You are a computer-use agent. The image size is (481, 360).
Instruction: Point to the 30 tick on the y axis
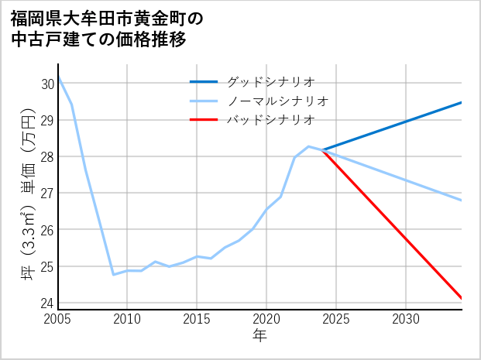coord(47,84)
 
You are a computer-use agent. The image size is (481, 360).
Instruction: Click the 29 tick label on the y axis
coord(47,120)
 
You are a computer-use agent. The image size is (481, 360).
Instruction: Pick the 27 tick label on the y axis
coord(47,193)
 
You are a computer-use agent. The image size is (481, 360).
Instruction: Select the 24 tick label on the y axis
coord(47,303)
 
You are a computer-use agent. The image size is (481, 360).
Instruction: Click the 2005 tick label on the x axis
coord(58,319)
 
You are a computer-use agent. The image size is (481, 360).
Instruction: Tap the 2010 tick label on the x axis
coord(128,319)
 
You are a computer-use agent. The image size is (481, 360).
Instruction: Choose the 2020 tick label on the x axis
coord(267,319)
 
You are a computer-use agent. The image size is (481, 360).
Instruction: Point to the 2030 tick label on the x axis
coord(406,319)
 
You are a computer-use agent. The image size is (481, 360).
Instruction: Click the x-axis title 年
coord(259,336)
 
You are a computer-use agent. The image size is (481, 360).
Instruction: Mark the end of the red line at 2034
coord(462,298)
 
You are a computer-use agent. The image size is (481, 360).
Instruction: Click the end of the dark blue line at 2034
coord(462,102)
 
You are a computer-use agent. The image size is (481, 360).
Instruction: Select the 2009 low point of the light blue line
coord(114,275)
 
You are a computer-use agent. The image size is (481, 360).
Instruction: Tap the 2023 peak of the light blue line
coord(308,146)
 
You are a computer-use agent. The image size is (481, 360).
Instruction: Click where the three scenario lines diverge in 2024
coord(322,150)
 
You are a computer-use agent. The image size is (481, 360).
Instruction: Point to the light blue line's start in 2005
coord(59,77)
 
